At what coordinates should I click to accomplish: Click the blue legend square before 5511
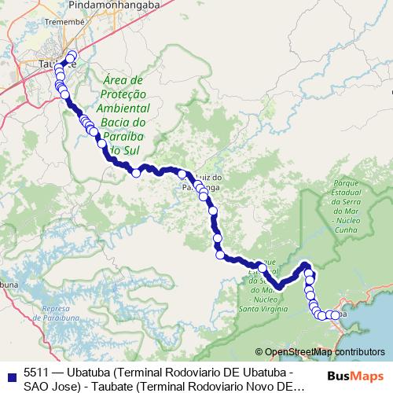pyautogui.click(x=9, y=374)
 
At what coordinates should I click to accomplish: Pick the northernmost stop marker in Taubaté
pyautogui.click(x=73, y=55)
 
